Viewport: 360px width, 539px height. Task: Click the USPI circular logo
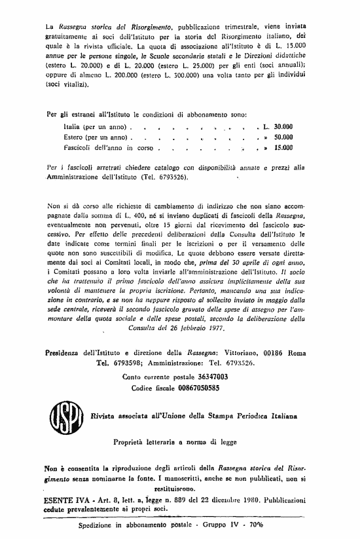point(68,415)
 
